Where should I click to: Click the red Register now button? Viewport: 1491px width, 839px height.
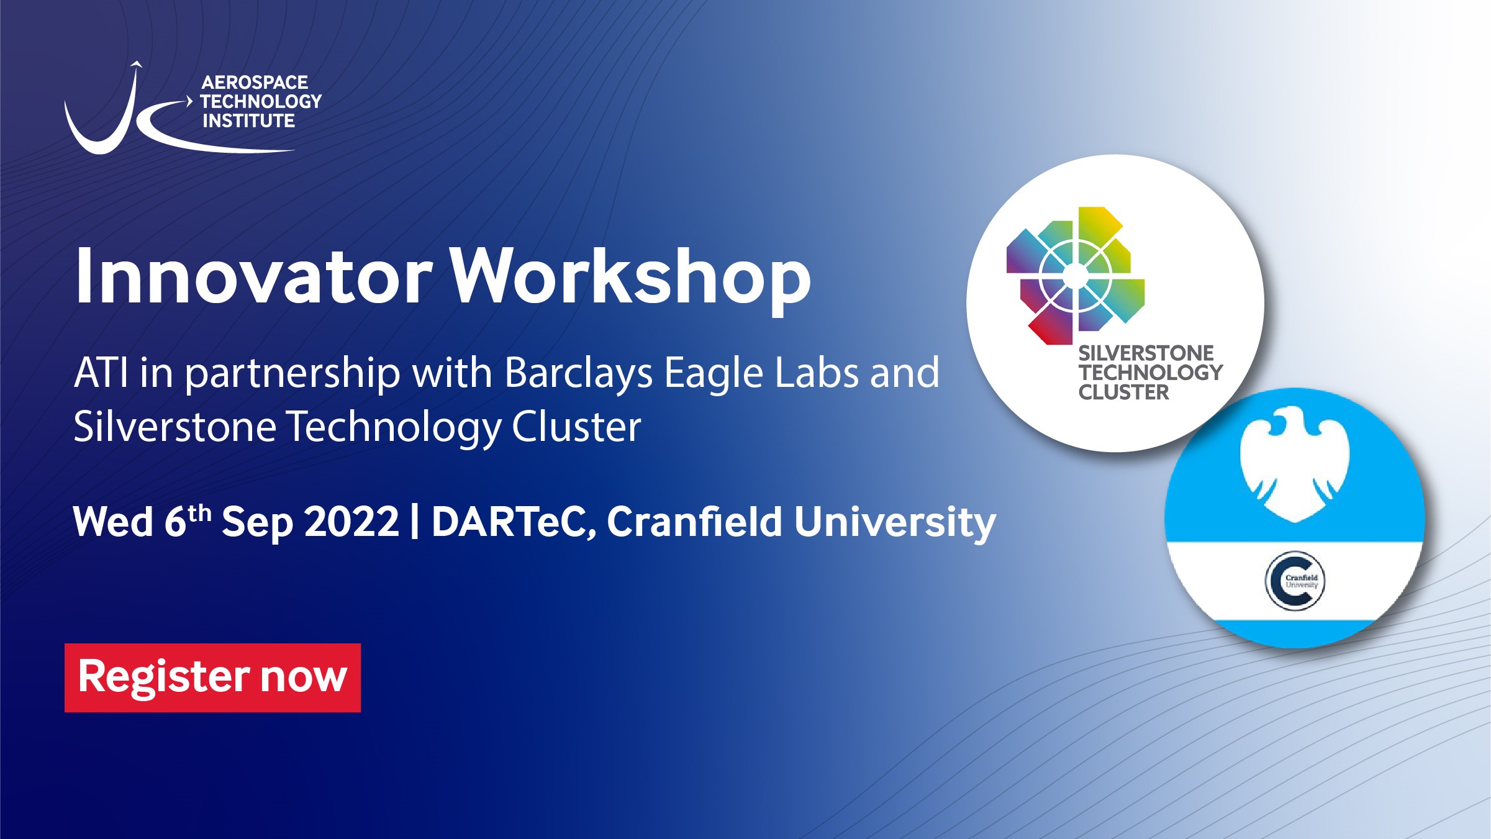click(212, 678)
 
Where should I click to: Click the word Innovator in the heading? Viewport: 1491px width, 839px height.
click(253, 276)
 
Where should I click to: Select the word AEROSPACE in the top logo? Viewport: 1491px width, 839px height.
click(255, 83)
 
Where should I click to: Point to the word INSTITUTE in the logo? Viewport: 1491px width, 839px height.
click(248, 120)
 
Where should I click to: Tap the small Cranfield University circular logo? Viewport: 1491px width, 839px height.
click(1295, 581)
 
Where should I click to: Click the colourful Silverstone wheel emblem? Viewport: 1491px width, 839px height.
click(1076, 276)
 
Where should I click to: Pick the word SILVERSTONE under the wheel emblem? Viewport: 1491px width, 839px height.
click(1146, 353)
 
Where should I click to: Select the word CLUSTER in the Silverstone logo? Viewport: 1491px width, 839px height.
click(1123, 392)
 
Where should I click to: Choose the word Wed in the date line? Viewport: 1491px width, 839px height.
click(112, 522)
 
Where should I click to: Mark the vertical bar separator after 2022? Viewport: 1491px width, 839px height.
click(414, 522)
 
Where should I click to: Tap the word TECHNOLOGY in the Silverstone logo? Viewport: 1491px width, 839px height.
click(1150, 373)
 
